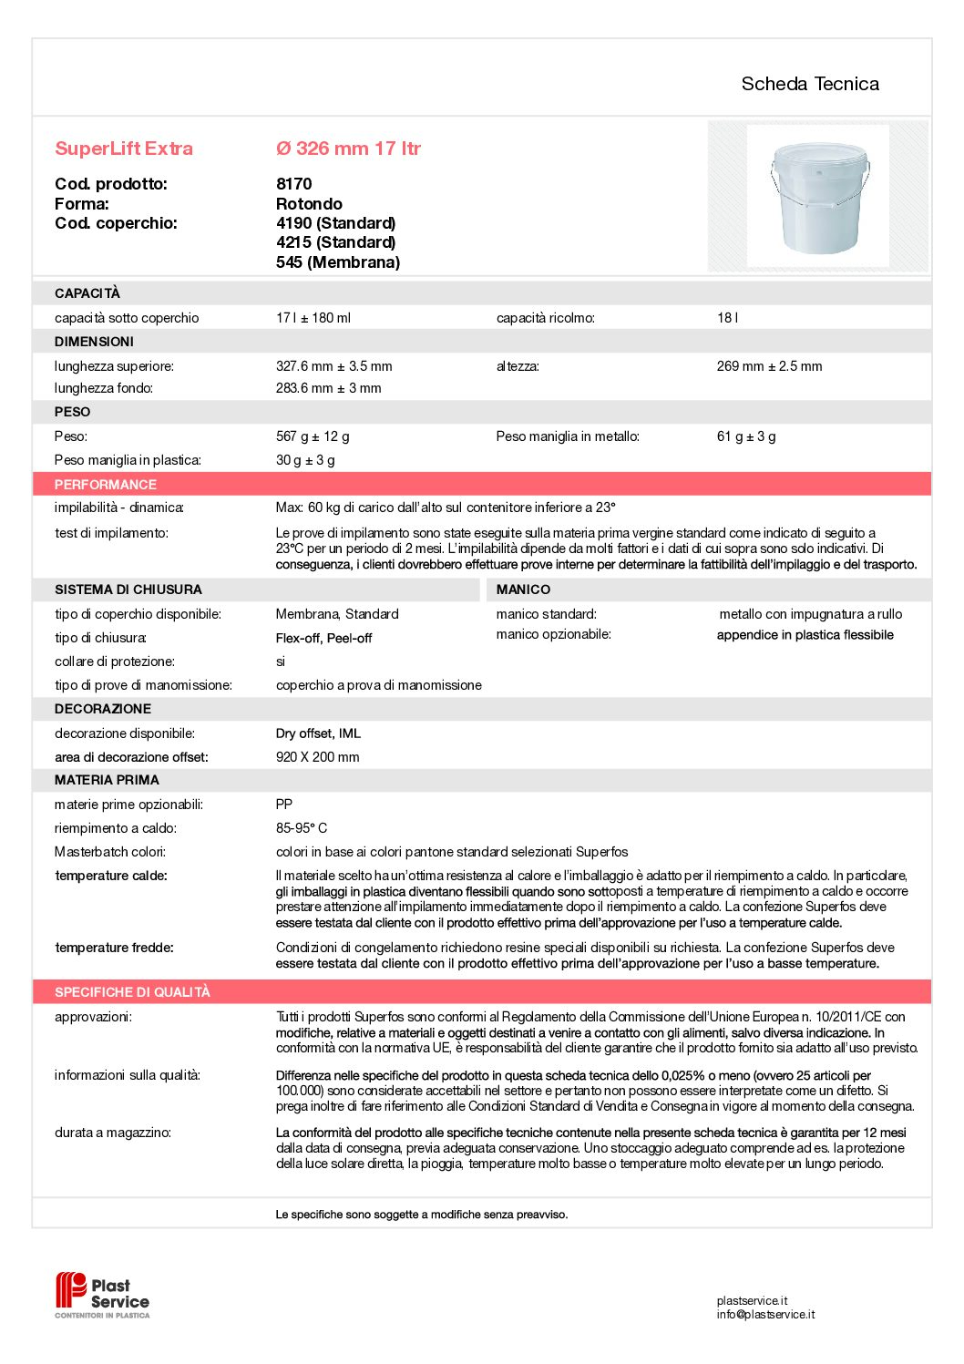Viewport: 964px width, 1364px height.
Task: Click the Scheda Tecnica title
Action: [809, 84]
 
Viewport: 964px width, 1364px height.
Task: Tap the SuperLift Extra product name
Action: [124, 149]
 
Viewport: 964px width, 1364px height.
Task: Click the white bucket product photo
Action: [818, 196]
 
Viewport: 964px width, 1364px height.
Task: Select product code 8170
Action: [293, 184]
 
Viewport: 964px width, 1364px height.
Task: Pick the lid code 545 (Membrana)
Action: [337, 262]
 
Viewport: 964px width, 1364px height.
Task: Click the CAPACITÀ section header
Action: [87, 293]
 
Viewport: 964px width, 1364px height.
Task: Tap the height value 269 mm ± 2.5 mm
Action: [769, 366]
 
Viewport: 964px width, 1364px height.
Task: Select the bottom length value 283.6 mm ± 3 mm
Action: [328, 388]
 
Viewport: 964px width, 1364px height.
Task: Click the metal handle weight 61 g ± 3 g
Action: [746, 436]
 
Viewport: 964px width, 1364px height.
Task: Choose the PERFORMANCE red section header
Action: [106, 485]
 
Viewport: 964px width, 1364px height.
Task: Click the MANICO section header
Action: [523, 590]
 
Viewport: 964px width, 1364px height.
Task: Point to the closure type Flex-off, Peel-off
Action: [323, 638]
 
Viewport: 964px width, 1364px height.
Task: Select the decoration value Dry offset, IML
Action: [318, 733]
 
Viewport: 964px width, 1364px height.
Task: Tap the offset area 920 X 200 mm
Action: [317, 757]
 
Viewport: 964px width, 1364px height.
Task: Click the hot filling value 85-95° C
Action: [302, 828]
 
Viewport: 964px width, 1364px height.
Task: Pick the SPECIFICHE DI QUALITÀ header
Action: [132, 992]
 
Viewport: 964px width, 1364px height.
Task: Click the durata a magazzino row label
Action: [113, 1133]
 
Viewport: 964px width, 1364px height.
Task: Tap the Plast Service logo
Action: [102, 1295]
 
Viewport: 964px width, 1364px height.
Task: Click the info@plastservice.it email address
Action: [765, 1315]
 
